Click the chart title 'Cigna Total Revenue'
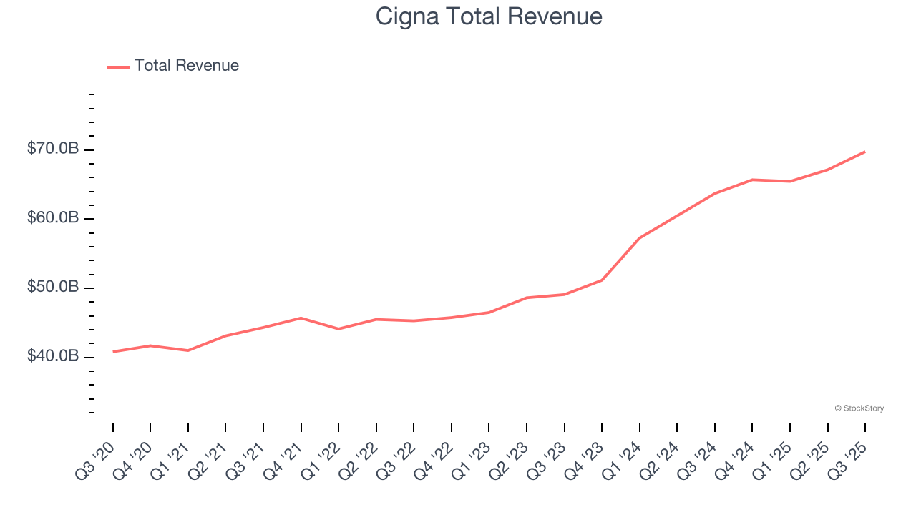coord(489,16)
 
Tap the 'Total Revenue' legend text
coord(186,66)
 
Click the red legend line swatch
coord(118,67)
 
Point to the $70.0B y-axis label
coord(53,149)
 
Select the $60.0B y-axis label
coord(53,217)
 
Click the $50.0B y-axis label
coord(53,287)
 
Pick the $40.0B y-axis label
coord(53,356)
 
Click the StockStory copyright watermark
coord(859,408)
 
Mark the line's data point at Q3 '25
coord(865,152)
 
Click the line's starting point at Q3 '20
coord(113,352)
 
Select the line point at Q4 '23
coord(602,280)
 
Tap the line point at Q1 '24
coord(639,237)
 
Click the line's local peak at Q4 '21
coord(301,318)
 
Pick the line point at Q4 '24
coord(752,180)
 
